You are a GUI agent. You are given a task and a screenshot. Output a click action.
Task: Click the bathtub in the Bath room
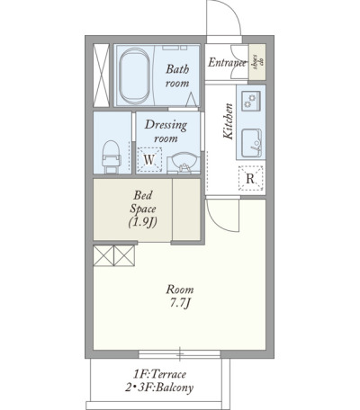(134, 76)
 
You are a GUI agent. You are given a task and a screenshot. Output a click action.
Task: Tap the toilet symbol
(112, 157)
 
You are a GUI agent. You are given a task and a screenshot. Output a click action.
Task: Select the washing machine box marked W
(149, 160)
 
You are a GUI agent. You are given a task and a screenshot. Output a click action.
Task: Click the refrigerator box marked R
(250, 179)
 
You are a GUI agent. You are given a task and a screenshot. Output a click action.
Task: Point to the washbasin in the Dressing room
(184, 163)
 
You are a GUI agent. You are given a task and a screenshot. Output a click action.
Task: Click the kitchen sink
(251, 143)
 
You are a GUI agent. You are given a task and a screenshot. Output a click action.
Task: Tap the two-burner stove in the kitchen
(251, 101)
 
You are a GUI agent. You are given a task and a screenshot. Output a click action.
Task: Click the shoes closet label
(257, 62)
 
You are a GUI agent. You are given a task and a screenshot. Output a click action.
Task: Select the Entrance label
(227, 62)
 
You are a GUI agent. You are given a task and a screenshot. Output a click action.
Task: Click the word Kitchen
(229, 121)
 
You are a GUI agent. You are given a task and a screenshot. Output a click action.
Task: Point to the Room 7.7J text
(180, 297)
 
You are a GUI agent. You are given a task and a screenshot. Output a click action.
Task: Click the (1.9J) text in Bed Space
(143, 222)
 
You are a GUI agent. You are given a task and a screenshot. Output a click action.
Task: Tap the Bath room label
(177, 76)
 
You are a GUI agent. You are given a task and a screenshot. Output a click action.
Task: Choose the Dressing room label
(166, 131)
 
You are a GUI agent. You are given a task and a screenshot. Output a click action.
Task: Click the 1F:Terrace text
(160, 374)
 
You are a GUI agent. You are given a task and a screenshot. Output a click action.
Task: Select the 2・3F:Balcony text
(159, 388)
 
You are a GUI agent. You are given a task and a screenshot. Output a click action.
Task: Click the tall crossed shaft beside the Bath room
(101, 76)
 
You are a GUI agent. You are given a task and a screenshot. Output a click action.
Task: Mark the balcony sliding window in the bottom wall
(180, 354)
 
